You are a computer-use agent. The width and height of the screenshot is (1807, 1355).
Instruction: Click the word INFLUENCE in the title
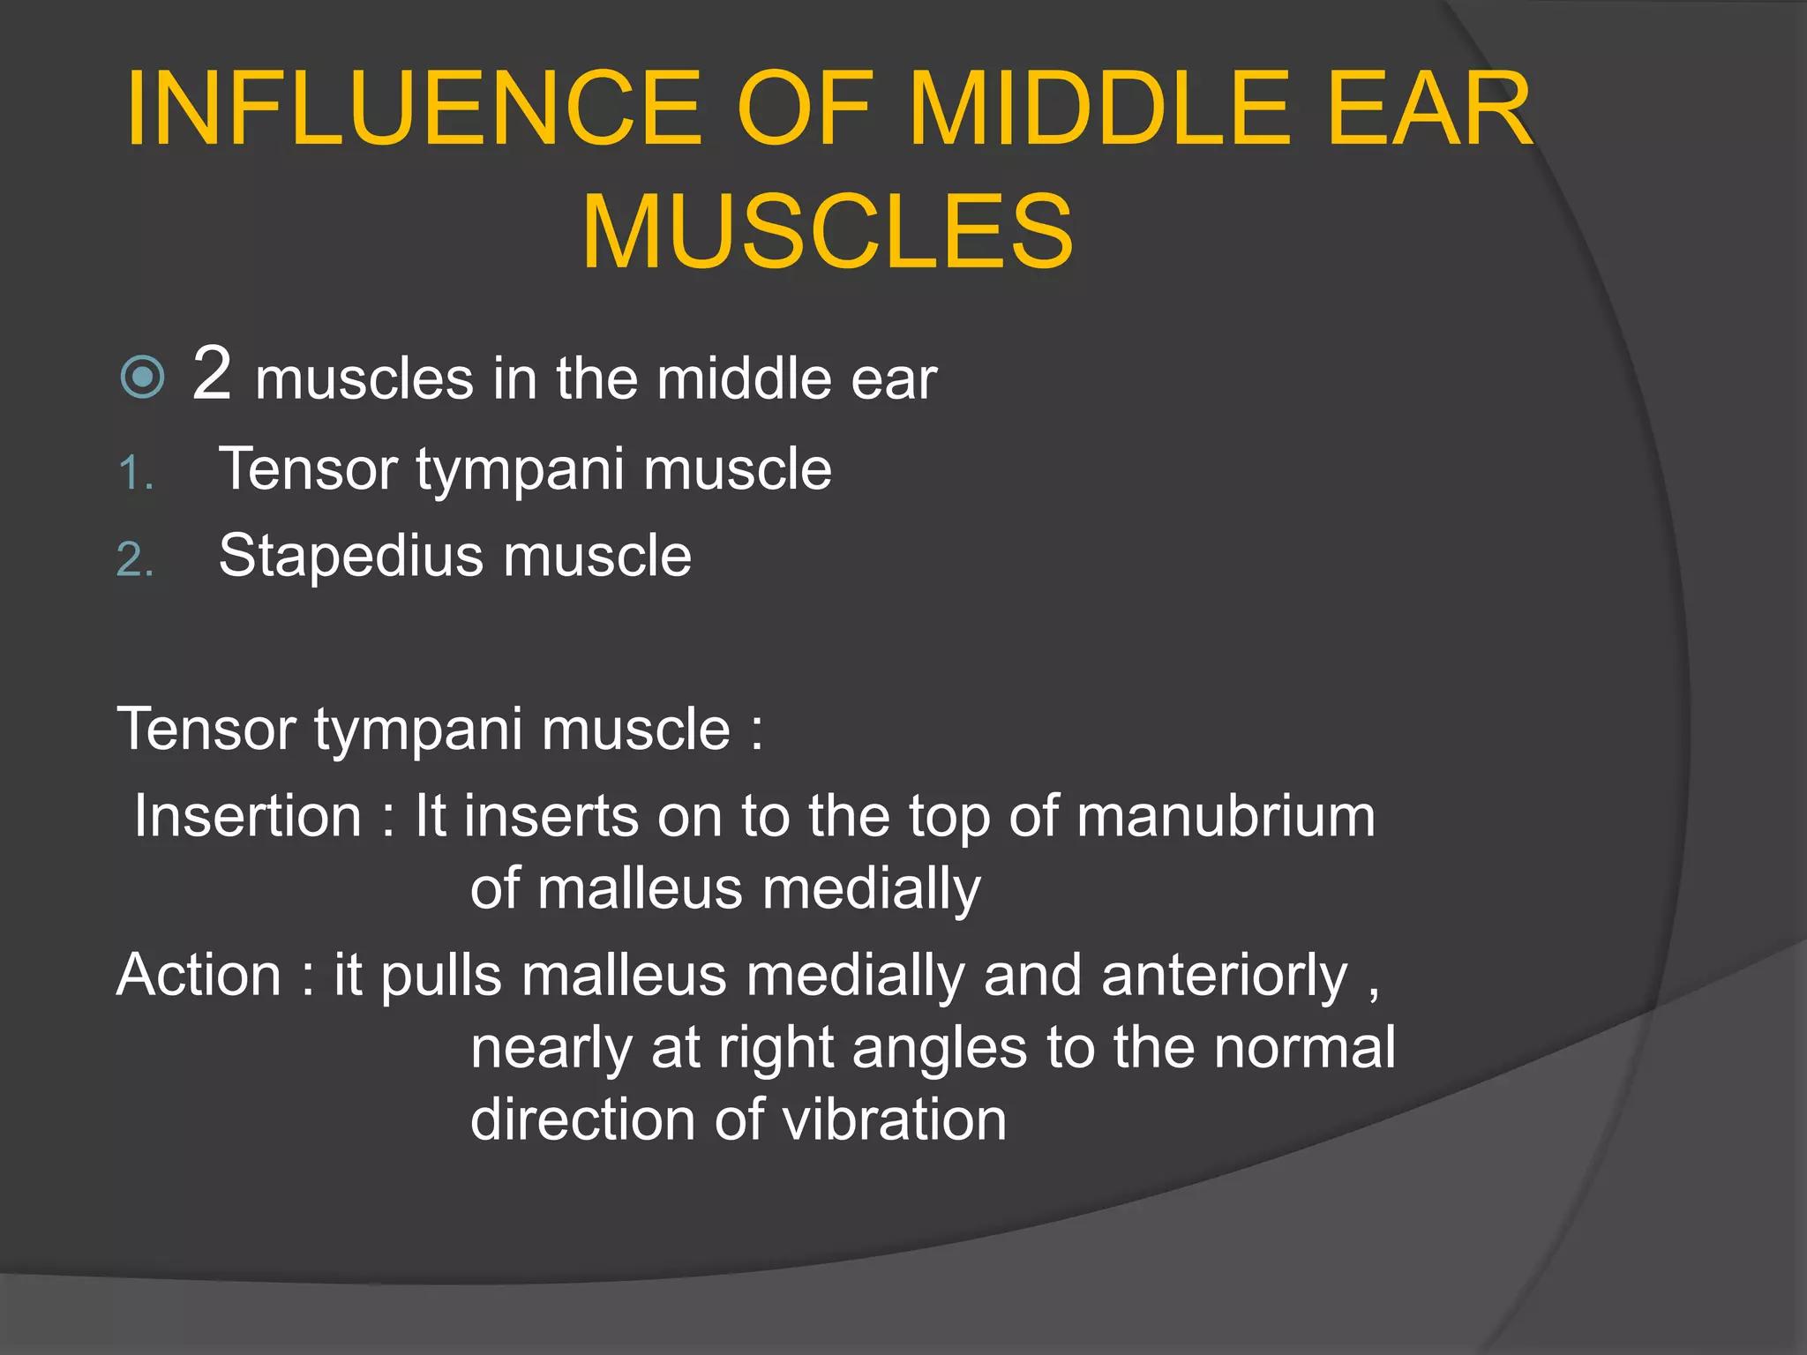(x=414, y=109)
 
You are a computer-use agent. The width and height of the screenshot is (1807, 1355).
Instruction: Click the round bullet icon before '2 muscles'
(x=142, y=378)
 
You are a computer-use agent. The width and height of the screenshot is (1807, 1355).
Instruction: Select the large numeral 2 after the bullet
(x=212, y=374)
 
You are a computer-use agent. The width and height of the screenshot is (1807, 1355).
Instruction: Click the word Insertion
(x=248, y=816)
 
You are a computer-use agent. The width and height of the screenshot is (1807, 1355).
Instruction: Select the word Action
(x=199, y=976)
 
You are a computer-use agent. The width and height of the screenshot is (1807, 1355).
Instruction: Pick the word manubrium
(x=1226, y=816)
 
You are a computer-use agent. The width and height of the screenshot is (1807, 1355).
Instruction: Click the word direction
(x=583, y=1120)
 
